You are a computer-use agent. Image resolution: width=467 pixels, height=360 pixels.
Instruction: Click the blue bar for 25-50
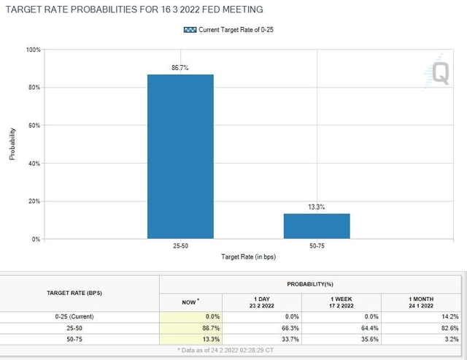pos(180,156)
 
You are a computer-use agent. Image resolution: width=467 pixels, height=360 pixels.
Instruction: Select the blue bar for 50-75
pos(317,226)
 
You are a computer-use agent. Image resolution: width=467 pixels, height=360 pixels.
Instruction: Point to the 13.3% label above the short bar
pos(317,207)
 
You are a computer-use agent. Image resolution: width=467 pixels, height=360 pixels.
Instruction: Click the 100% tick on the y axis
pos(34,50)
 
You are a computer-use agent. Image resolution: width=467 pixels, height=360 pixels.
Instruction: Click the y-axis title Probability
pos(12,145)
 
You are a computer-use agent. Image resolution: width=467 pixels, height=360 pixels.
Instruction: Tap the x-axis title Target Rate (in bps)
pos(249,257)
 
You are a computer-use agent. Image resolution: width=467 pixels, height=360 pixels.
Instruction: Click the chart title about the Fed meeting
pos(134,9)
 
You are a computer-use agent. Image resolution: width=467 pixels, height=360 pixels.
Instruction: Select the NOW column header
pos(191,302)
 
